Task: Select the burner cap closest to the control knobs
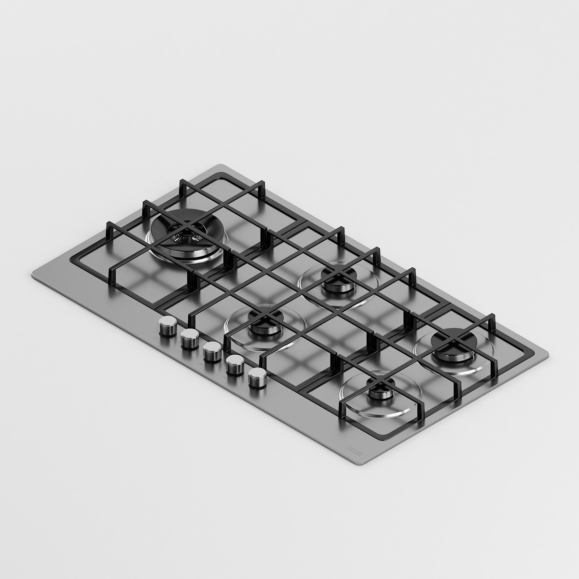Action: coord(263,322)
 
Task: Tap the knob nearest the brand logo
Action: coord(258,377)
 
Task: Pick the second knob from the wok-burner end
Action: coord(190,339)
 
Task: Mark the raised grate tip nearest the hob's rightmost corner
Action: coord(492,316)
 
